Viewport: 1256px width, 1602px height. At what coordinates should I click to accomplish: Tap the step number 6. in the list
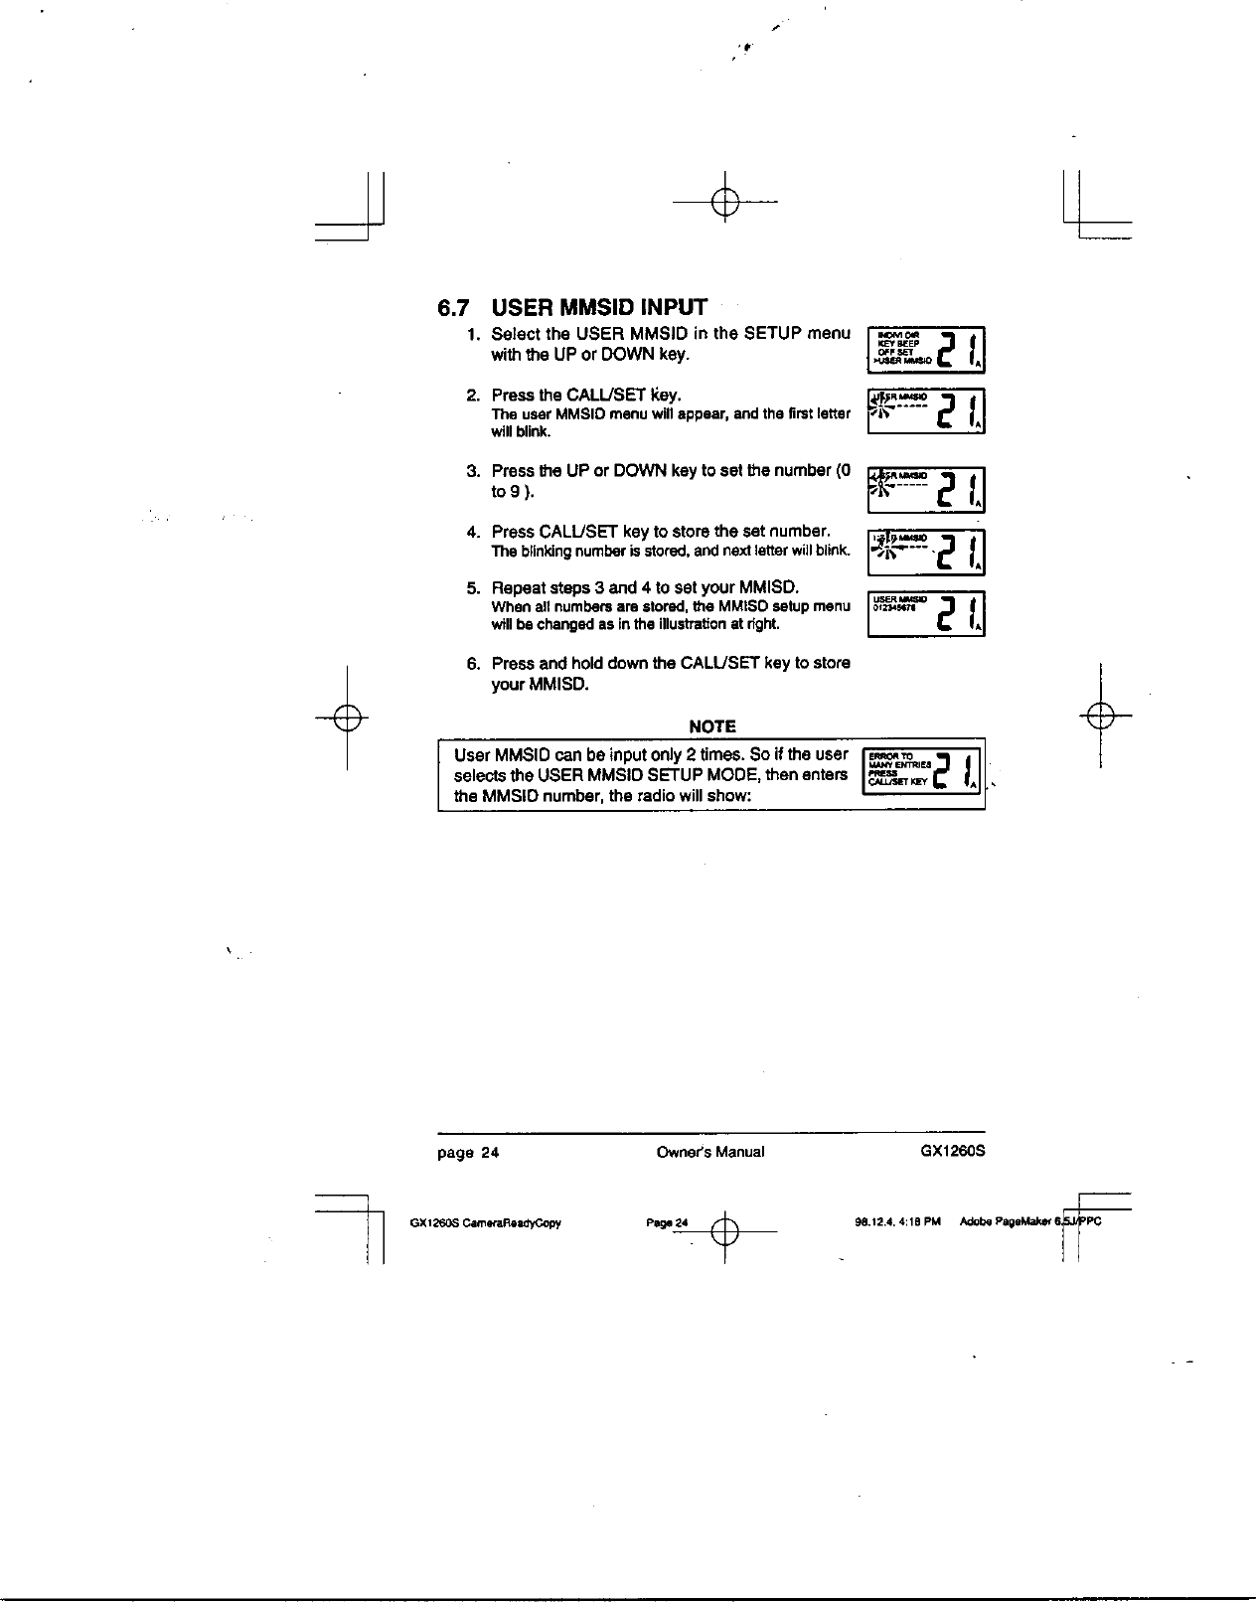tap(474, 663)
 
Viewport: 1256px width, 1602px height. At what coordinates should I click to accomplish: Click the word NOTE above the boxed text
tap(711, 726)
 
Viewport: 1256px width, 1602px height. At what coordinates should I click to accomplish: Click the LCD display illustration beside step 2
tap(926, 410)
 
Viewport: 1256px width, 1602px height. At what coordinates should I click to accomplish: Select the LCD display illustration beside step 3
tap(926, 489)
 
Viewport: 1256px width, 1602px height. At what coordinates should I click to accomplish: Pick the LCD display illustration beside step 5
tap(926, 613)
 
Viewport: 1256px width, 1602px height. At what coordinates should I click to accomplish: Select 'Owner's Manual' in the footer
tap(710, 1153)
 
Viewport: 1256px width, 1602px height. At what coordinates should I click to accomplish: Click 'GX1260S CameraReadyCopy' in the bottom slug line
tap(486, 1223)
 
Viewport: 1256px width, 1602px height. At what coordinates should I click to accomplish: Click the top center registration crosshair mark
tap(726, 202)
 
